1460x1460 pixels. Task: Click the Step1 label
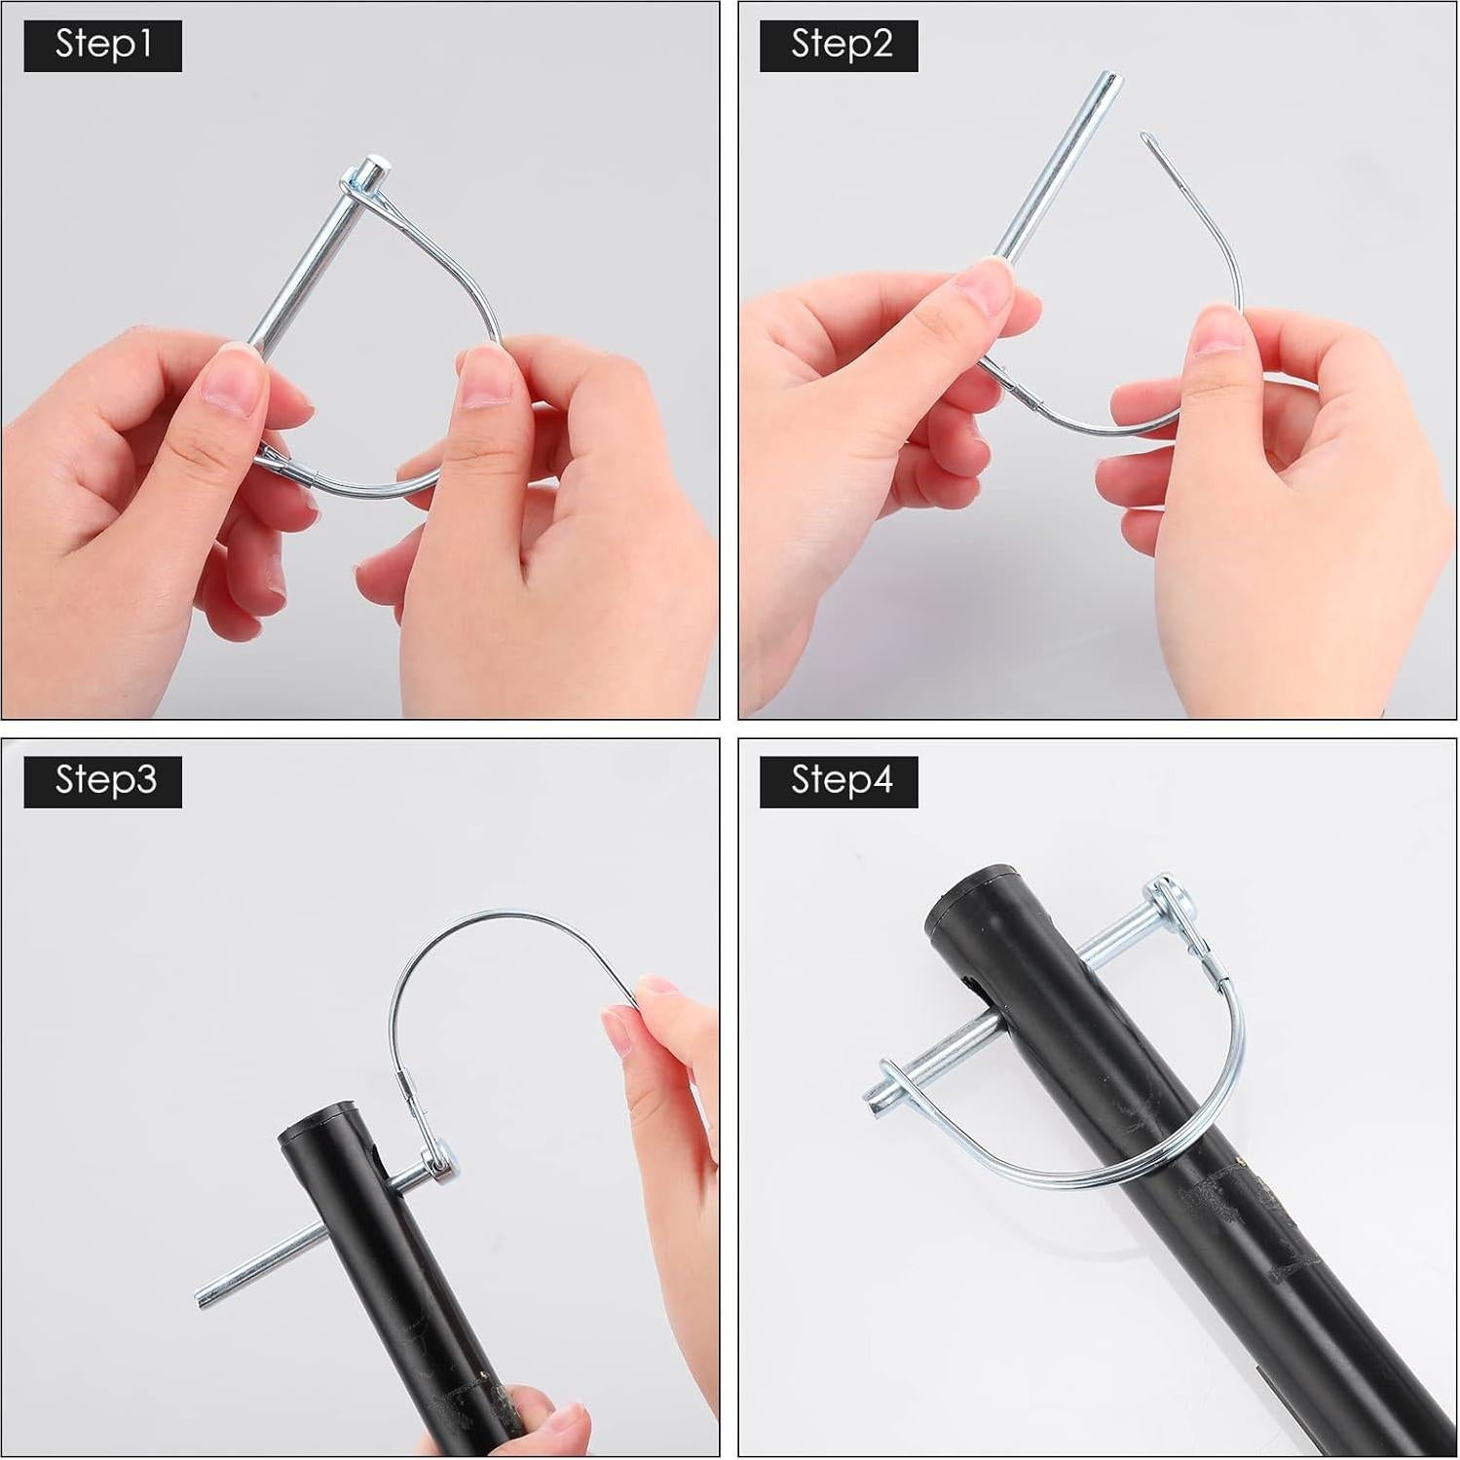click(x=102, y=46)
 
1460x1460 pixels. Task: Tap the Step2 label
click(x=839, y=46)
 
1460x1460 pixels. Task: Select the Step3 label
click(x=102, y=781)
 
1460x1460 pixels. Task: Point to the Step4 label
click(x=839, y=781)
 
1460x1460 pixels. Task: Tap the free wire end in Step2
click(x=1147, y=138)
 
